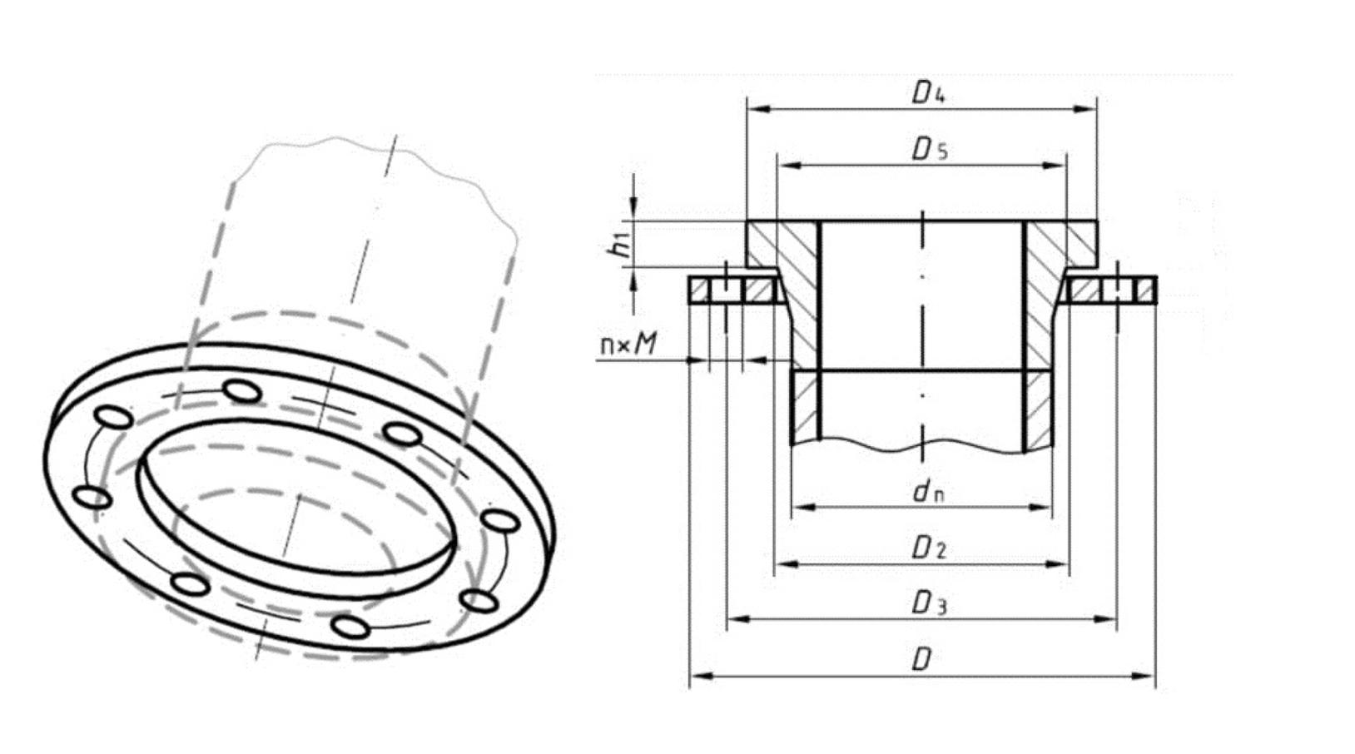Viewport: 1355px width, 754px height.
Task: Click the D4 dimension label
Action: [x=928, y=92]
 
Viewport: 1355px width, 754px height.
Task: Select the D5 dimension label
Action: [x=929, y=150]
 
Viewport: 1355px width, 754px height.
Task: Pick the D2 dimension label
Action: [x=928, y=548]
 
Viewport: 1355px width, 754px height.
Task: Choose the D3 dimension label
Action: [x=928, y=603]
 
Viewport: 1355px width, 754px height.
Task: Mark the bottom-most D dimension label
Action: [x=921, y=660]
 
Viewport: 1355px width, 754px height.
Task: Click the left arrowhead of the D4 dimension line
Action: [x=754, y=109]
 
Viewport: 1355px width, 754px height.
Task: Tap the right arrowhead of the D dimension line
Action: [x=1148, y=677]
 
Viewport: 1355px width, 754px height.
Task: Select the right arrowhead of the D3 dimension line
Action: [x=1109, y=619]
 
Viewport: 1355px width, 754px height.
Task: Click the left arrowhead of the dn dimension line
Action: [x=799, y=507]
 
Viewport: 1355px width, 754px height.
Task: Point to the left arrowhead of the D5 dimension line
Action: [x=784, y=166]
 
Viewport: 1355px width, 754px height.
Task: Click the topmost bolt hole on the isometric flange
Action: [x=243, y=390]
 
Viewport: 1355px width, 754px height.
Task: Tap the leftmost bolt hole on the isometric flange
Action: [x=92, y=498]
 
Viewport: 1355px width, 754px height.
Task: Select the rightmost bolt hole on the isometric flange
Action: [x=500, y=521]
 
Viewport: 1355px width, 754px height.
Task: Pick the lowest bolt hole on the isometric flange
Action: [x=350, y=627]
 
